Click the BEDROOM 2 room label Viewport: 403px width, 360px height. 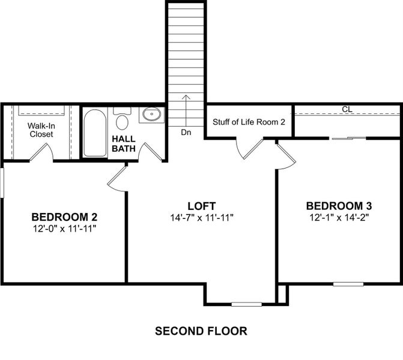coord(64,217)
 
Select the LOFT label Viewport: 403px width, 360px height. coord(201,205)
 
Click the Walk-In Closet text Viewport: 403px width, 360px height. coord(41,130)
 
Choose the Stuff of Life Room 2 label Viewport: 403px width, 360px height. coord(249,122)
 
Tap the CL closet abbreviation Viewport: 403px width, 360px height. coord(347,109)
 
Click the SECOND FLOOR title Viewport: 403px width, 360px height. coord(201,331)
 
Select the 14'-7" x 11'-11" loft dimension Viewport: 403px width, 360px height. coord(201,217)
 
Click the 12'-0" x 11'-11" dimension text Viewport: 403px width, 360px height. coord(64,229)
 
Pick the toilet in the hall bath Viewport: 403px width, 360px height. coord(123,119)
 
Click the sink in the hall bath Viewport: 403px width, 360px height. coord(151,114)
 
